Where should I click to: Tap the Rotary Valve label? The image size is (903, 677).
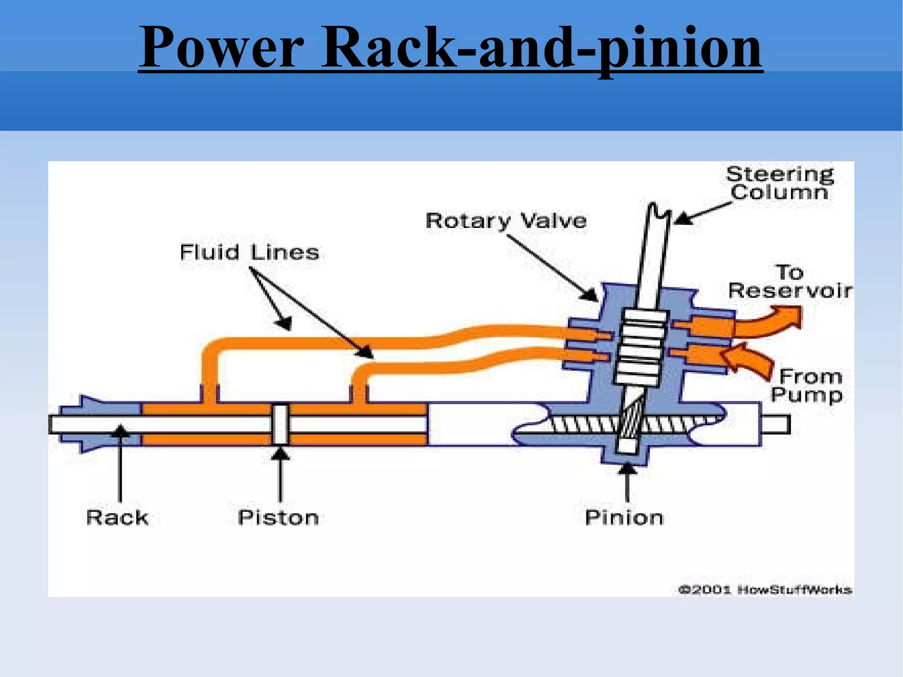tap(506, 220)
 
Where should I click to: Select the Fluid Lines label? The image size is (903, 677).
tap(249, 252)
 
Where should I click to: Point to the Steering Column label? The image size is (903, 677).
tap(780, 183)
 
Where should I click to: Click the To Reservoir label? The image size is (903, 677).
tap(789, 282)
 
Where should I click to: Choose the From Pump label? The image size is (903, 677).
tap(807, 385)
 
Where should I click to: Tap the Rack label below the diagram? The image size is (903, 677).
tap(117, 517)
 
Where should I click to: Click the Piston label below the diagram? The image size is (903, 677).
tap(278, 517)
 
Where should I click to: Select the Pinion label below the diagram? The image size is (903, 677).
tap(624, 517)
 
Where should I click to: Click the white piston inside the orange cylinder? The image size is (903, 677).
tap(280, 425)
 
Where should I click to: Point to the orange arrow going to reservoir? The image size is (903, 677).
tap(769, 322)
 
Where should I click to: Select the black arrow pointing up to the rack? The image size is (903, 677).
tap(119, 463)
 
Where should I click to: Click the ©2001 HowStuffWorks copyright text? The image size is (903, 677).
tap(765, 589)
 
